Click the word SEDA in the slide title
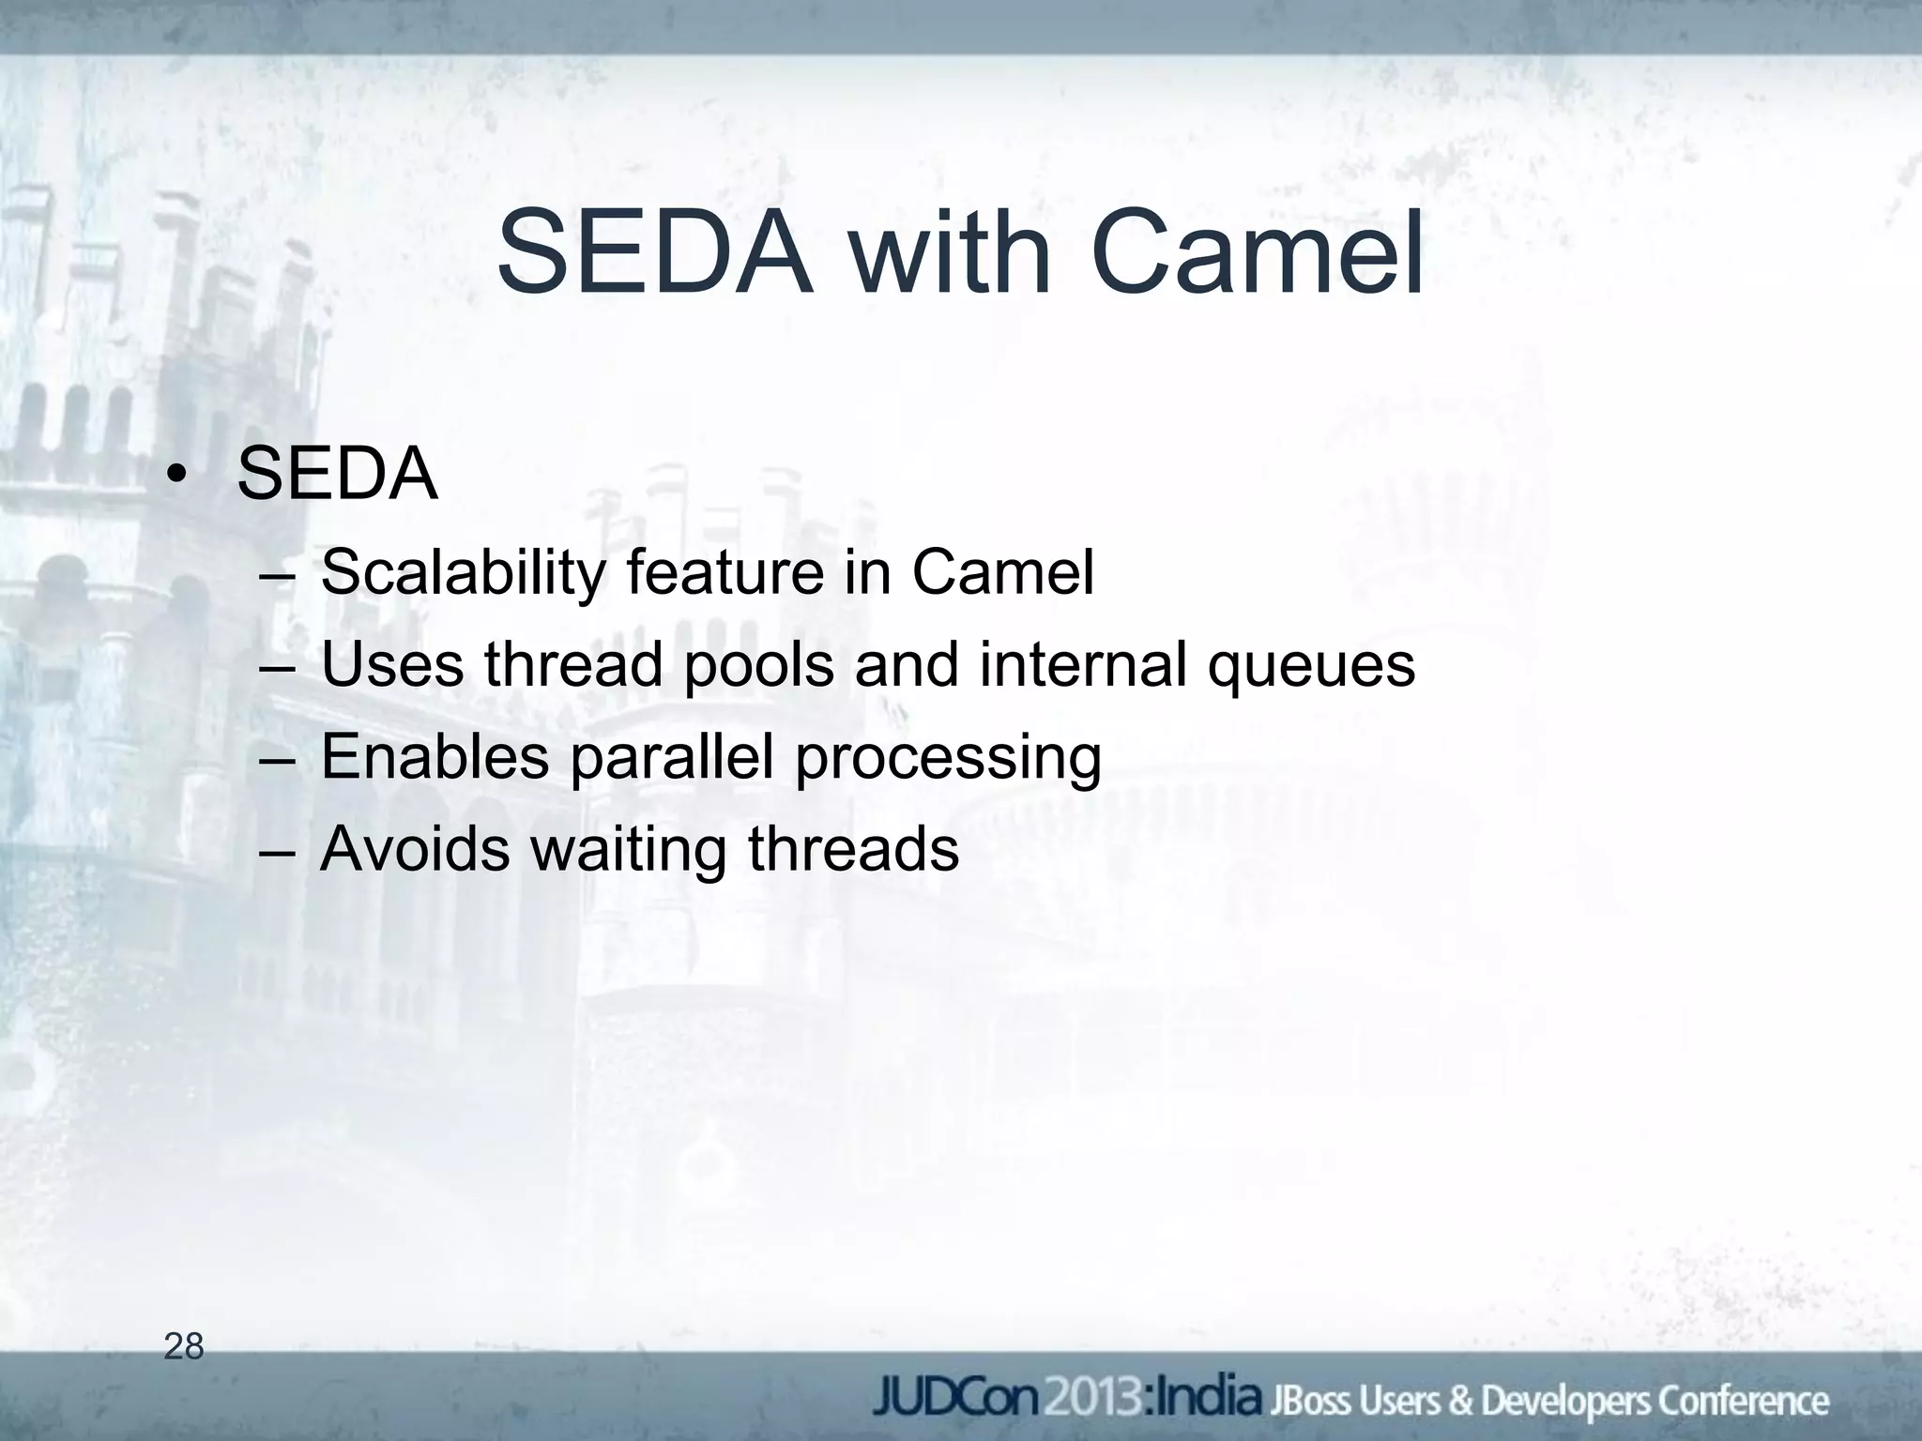tap(654, 254)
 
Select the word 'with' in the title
tap(950, 254)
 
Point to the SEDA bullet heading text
tap(337, 475)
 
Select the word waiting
tap(629, 850)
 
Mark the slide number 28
tap(184, 1347)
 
